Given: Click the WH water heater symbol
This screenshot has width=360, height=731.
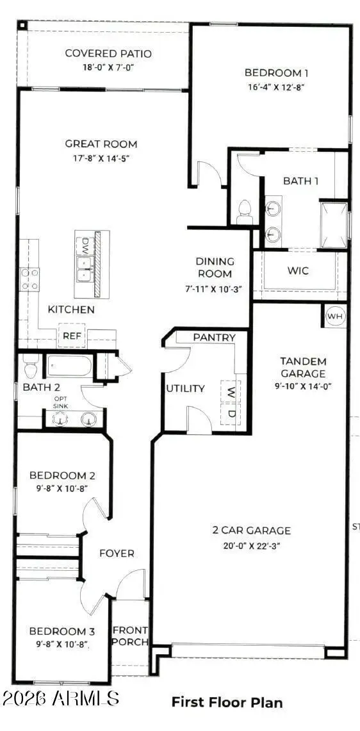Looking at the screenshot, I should [335, 316].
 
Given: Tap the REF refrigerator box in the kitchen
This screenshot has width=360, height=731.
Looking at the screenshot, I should [71, 335].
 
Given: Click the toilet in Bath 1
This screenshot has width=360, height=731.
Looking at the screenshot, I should [245, 212].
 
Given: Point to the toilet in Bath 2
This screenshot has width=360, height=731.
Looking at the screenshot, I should [29, 366].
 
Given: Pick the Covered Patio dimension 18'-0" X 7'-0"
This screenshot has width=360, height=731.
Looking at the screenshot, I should [108, 67].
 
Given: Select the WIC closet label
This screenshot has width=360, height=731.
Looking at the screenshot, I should [297, 271].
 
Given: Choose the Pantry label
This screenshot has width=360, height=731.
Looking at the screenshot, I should [215, 338].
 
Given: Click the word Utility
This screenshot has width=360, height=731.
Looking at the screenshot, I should [185, 388].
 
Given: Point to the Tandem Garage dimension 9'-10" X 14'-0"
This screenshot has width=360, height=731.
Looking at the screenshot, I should [303, 386].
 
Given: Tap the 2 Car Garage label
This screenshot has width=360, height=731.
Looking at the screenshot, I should [252, 530].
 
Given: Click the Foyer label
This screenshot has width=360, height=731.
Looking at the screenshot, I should [117, 554].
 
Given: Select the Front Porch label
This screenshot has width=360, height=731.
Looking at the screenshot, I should [131, 636].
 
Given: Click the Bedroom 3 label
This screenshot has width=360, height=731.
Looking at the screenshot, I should [62, 630].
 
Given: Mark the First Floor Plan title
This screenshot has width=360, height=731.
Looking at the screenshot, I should [227, 702].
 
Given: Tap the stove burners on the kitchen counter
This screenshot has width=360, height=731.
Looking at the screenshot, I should [29, 279].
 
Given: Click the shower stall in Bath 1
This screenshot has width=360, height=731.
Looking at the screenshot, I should [334, 224].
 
